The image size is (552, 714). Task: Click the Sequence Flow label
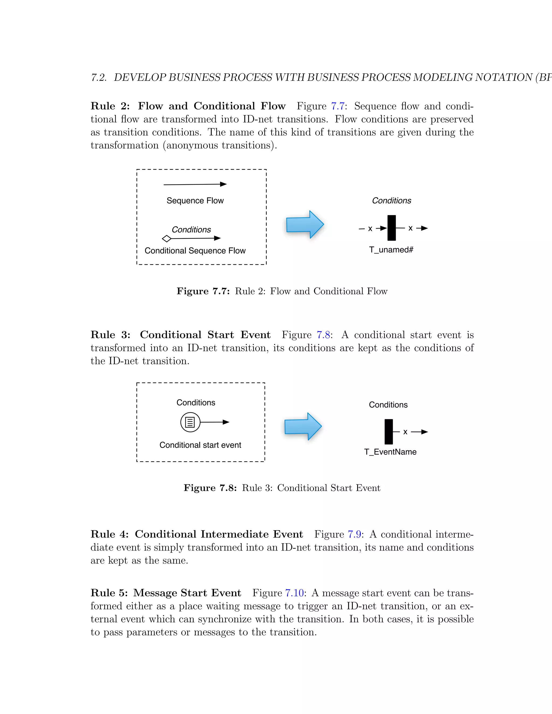pyautogui.click(x=195, y=200)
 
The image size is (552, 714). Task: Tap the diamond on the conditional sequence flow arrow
pyautogui.click(x=167, y=239)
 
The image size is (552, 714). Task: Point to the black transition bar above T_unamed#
pyautogui.click(x=391, y=228)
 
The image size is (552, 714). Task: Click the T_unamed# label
pyautogui.click(x=391, y=250)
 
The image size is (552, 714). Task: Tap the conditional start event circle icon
pyautogui.click(x=190, y=422)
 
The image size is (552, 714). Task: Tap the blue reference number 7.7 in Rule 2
pyautogui.click(x=338, y=106)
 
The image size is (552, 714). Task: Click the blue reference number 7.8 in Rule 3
pyautogui.click(x=323, y=335)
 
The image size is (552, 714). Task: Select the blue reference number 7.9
pyautogui.click(x=354, y=535)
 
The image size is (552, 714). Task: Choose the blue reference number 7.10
pyautogui.click(x=294, y=593)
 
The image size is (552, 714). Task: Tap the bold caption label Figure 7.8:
pyautogui.click(x=210, y=488)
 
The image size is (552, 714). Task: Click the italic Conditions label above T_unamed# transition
pyautogui.click(x=391, y=200)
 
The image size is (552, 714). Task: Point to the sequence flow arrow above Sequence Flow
pyautogui.click(x=195, y=184)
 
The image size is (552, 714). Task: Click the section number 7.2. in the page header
pyautogui.click(x=99, y=78)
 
